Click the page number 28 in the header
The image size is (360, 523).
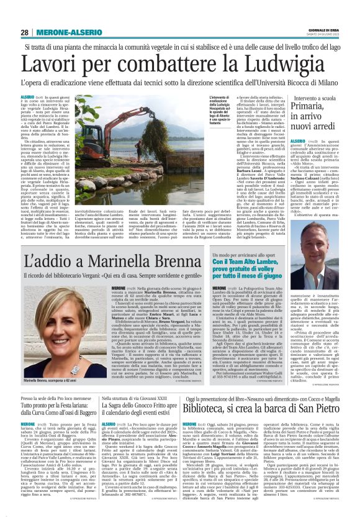click(25, 32)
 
